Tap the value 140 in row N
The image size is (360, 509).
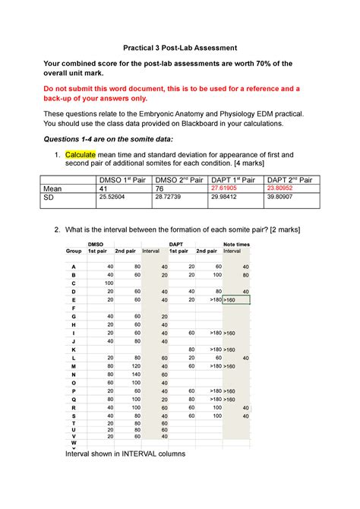[135, 375]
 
